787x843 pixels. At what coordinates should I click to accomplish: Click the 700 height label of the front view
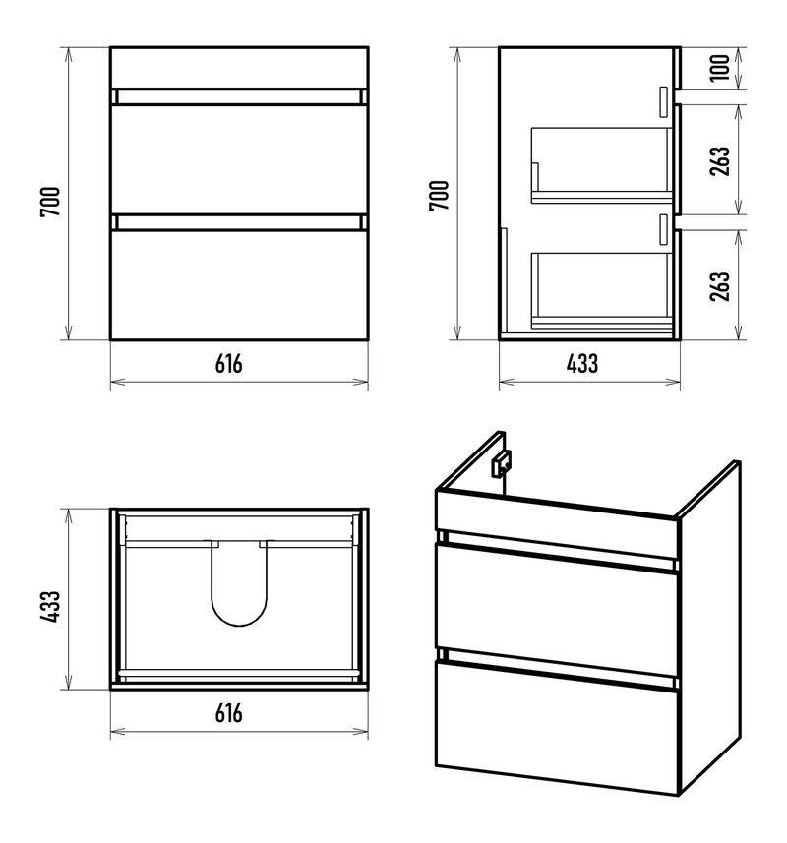50,202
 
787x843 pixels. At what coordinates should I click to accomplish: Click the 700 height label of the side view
439,196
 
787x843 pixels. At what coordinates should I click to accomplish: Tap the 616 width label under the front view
229,364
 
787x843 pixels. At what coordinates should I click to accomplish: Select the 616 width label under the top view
229,713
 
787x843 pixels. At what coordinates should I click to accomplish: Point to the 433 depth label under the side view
582,364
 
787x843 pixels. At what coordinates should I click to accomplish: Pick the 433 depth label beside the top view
50,607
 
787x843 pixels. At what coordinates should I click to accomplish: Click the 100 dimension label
720,68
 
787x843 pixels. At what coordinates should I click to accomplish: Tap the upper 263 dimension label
720,160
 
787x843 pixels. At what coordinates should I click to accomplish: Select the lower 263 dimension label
720,286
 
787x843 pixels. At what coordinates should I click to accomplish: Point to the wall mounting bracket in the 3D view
501,463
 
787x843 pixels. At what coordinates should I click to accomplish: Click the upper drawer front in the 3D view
556,610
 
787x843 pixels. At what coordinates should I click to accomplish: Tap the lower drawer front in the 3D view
556,727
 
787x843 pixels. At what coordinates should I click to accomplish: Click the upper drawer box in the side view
602,165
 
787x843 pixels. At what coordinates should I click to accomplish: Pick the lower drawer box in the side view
602,290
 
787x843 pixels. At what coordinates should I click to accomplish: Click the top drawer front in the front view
239,159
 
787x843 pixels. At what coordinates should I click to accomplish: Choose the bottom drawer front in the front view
239,285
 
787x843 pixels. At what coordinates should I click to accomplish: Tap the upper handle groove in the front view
239,97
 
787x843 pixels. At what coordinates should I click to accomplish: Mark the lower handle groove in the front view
239,222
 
